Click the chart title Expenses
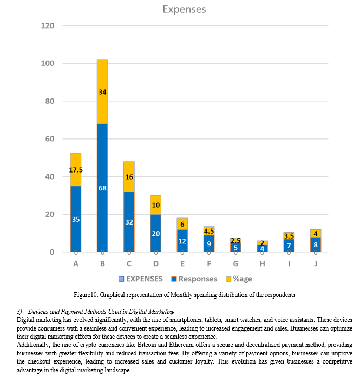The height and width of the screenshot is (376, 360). pos(184,9)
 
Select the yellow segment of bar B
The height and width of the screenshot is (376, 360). pos(102,91)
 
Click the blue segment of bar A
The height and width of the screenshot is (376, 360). pos(76,219)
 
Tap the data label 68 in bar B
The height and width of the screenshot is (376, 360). pos(102,188)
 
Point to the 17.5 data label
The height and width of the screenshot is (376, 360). pos(76,170)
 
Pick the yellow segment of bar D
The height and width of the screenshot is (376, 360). pos(156,205)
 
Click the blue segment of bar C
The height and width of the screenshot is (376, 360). pos(129,222)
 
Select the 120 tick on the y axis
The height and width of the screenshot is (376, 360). pos(48,25)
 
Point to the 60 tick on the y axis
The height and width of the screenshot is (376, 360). pos(50,139)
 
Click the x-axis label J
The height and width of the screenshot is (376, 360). pos(316,264)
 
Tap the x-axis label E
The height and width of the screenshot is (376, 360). pos(182,264)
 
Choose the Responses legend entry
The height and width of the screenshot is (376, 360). pos(194,279)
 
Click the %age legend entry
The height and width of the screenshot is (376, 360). pos(239,279)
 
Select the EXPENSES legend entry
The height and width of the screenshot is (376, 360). pos(141,279)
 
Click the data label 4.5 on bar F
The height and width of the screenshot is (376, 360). pos(209,231)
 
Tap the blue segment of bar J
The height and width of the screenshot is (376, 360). pos(316,245)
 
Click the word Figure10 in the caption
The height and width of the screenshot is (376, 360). pos(85,295)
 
